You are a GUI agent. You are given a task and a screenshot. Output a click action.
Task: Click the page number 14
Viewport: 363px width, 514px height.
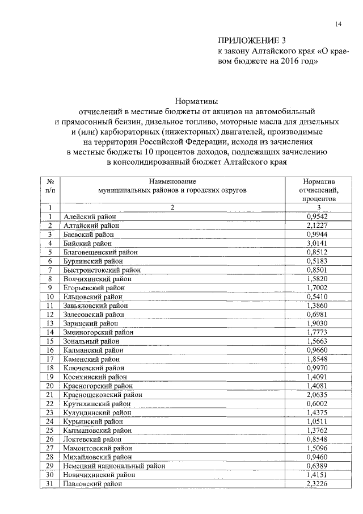pos(338,23)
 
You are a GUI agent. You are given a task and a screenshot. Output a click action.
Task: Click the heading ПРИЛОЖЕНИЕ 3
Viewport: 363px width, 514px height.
pos(250,40)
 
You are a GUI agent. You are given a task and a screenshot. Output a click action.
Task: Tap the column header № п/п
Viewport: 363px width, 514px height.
pos(50,186)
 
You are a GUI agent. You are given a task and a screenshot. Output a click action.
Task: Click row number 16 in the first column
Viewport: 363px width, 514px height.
pos(50,350)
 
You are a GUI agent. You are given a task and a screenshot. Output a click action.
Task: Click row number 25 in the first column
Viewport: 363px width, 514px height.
pos(50,430)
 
